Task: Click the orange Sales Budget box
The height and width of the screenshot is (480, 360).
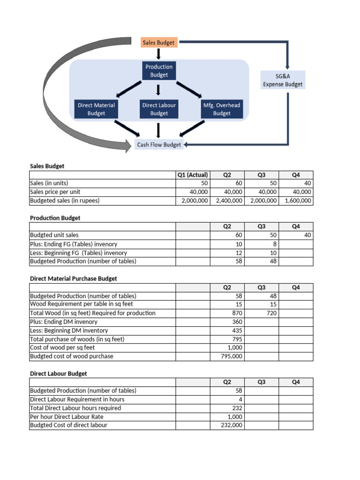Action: coord(158,43)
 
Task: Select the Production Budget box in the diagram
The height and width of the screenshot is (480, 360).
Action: coord(159,71)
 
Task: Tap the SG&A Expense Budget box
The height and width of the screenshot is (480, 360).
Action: coord(283,80)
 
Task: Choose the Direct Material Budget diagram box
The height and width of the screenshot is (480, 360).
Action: coord(96,109)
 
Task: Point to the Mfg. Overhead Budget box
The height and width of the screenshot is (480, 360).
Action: coord(222,109)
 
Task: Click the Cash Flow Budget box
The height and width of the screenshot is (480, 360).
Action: coord(158,145)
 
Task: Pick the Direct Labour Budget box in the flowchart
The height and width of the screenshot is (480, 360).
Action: coord(159,109)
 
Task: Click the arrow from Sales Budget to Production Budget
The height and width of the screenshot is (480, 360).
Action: coord(159,54)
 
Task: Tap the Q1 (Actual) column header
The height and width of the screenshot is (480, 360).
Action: coord(193,175)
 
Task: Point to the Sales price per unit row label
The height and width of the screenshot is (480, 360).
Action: coord(55,192)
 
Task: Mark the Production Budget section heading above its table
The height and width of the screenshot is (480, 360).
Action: coord(55,218)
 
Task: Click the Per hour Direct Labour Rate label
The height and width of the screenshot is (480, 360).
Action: coord(67,417)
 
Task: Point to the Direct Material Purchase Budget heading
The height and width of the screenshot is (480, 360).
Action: coord(74,278)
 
